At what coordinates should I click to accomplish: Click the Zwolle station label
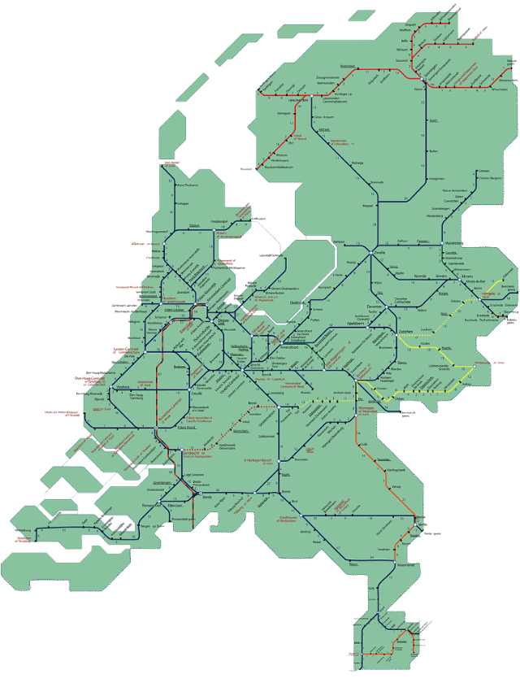[x=380, y=253]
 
